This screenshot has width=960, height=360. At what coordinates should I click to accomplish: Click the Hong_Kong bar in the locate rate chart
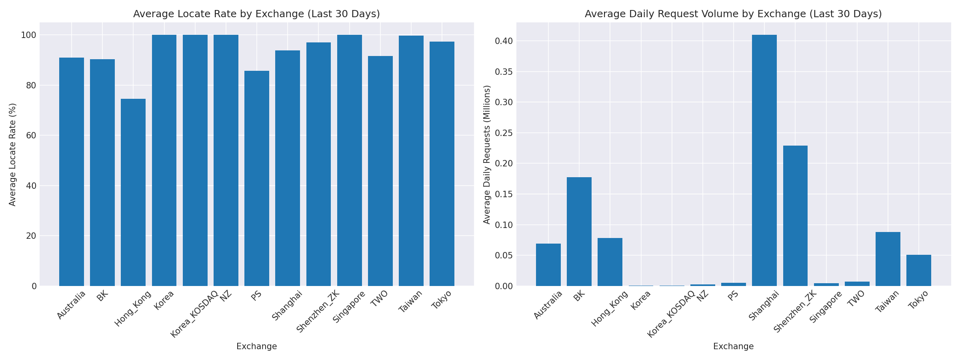pyautogui.click(x=133, y=192)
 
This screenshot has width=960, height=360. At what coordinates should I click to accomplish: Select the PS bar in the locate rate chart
pyautogui.click(x=257, y=178)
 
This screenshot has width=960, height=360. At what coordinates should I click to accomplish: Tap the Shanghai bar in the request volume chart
pyautogui.click(x=764, y=160)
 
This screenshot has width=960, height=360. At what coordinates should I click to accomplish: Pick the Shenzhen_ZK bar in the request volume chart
pyautogui.click(x=795, y=216)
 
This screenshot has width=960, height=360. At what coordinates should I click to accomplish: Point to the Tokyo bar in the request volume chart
pyautogui.click(x=919, y=270)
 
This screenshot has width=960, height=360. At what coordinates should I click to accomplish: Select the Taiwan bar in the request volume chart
pyautogui.click(x=888, y=259)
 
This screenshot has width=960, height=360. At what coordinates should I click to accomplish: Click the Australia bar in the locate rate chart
pyautogui.click(x=72, y=172)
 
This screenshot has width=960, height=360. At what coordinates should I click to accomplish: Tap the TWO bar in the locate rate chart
pyautogui.click(x=380, y=171)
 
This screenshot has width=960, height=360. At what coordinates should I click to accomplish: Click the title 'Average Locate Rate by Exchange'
pyautogui.click(x=256, y=14)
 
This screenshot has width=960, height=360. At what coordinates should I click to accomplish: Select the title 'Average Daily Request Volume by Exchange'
pyautogui.click(x=733, y=14)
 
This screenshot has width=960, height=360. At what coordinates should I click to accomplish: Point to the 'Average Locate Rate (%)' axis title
pyautogui.click(x=13, y=154)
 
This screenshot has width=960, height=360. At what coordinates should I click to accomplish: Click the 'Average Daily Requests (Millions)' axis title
pyautogui.click(x=487, y=154)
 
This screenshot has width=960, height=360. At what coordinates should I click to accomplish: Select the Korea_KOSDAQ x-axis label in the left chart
pyautogui.click(x=195, y=314)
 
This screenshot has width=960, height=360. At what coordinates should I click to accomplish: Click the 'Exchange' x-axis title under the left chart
pyautogui.click(x=256, y=346)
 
